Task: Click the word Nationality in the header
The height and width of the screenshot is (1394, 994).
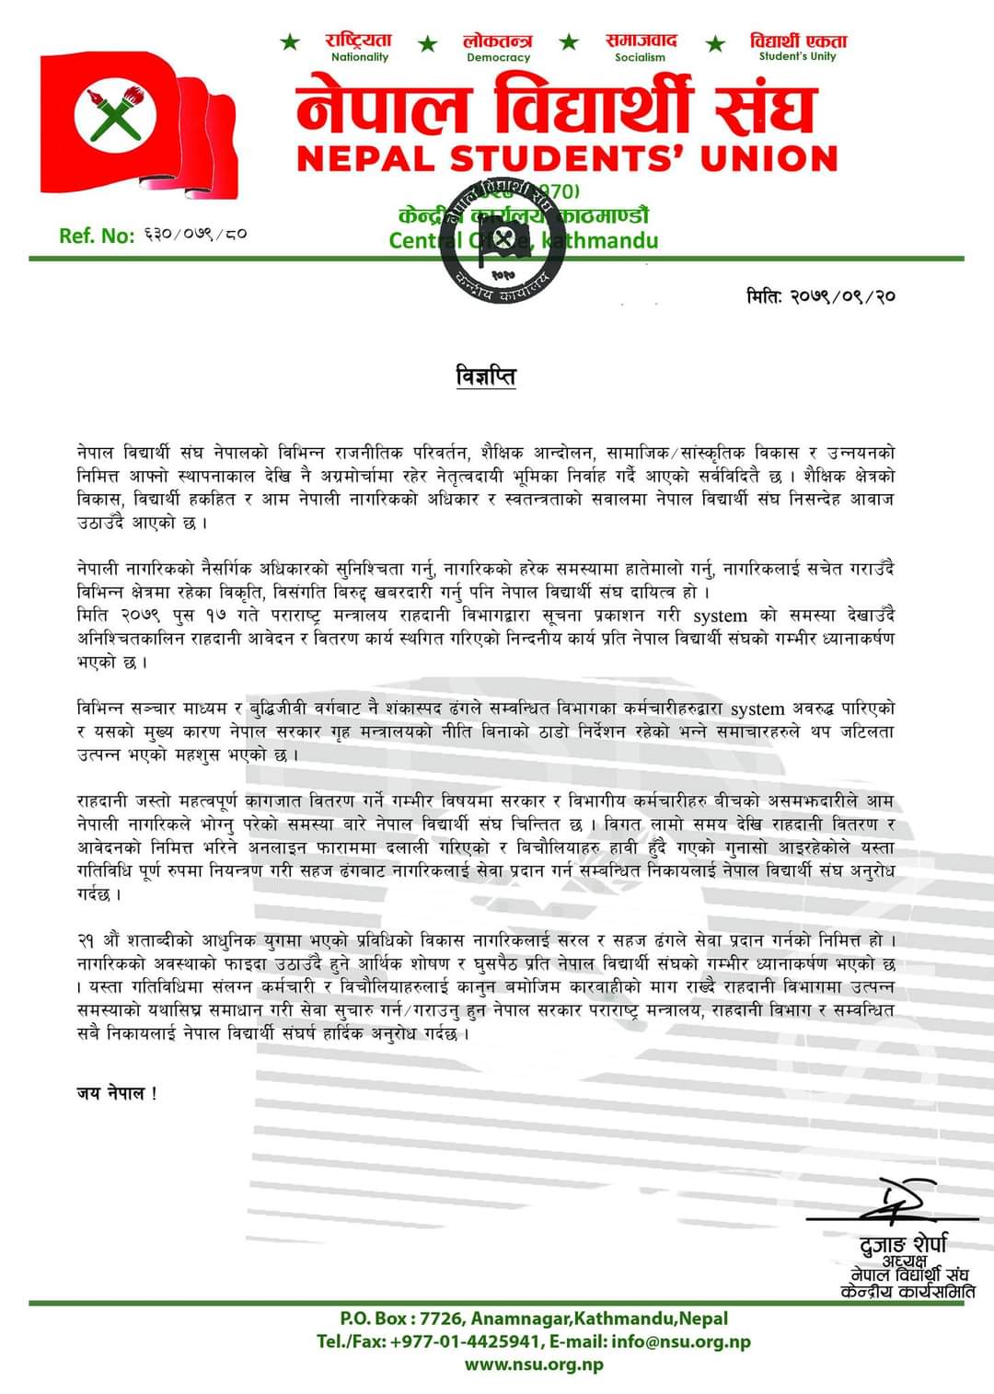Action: pos(360,57)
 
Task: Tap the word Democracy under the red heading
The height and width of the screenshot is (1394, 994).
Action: pos(498,57)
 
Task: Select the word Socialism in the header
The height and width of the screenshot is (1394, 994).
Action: pos(640,57)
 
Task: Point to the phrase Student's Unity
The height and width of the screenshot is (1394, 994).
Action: pos(797,56)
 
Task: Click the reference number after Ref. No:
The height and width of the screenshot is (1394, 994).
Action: pos(195,236)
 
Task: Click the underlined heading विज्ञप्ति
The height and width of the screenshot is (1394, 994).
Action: pos(486,376)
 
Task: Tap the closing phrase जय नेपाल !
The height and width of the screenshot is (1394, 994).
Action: pos(117,1093)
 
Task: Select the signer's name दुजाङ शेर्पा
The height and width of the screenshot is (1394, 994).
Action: pos(903,1245)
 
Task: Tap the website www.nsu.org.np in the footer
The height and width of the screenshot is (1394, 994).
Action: pos(534,1364)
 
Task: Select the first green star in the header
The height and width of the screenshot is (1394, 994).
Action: pos(290,42)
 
